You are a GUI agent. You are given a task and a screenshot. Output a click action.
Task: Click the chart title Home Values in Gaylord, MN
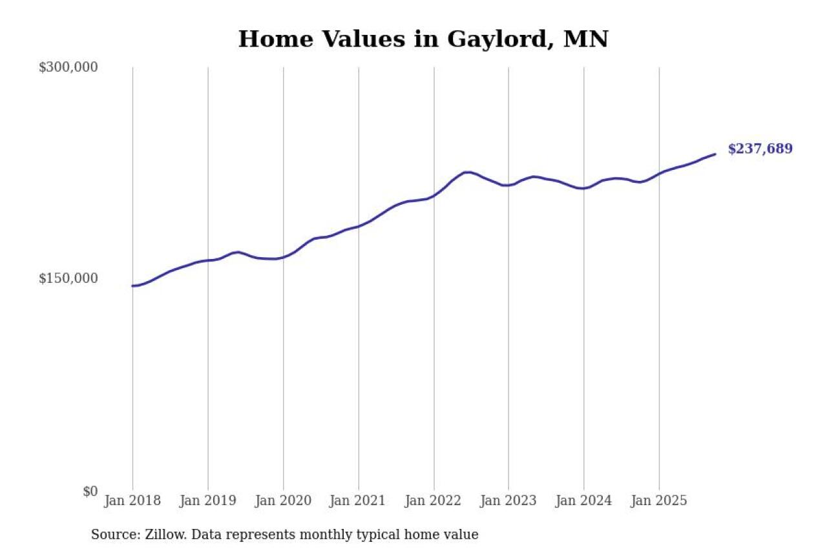(x=423, y=39)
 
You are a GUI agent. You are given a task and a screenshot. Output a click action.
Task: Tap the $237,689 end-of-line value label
(x=760, y=149)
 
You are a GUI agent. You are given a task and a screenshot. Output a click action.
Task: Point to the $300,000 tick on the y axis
(x=68, y=67)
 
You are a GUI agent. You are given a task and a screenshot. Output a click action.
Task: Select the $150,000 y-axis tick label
(x=68, y=278)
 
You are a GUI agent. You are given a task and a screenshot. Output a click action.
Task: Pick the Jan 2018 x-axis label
(x=132, y=501)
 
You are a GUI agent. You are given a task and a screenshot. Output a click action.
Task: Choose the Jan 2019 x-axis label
(x=207, y=501)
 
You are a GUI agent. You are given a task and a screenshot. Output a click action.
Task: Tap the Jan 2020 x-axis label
(x=283, y=501)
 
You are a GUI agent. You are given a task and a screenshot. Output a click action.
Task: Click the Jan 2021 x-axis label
(x=358, y=501)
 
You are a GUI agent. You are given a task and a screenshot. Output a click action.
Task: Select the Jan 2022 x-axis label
(x=434, y=501)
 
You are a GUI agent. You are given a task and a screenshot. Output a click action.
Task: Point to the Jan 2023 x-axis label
(x=508, y=501)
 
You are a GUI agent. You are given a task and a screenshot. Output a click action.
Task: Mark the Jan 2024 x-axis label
(x=583, y=501)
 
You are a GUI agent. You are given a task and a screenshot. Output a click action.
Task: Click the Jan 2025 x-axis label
(x=659, y=501)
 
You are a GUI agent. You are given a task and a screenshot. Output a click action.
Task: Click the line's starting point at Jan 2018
(x=133, y=286)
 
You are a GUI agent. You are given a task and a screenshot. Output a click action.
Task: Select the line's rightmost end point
(x=715, y=154)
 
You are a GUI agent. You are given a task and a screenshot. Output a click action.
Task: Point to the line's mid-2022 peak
(x=468, y=172)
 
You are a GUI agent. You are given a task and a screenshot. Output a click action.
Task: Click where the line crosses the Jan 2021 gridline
(x=359, y=226)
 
